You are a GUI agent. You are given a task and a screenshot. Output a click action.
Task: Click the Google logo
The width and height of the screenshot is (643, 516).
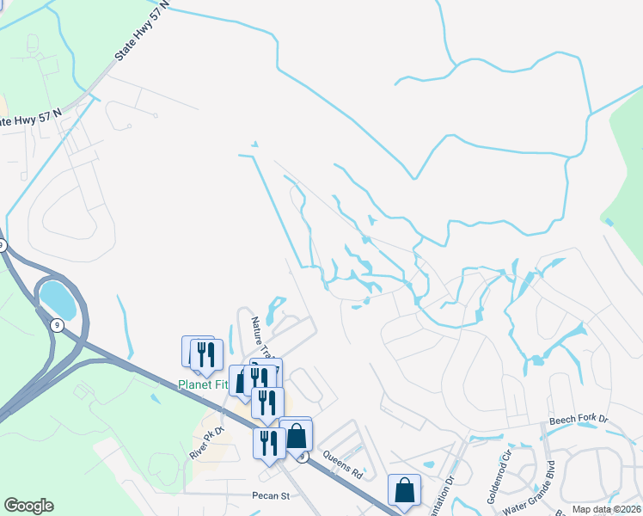click(29, 506)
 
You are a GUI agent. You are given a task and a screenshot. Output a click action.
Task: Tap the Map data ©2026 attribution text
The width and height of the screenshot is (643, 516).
click(606, 509)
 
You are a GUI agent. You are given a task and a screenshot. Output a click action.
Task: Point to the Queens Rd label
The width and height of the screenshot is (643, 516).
click(343, 464)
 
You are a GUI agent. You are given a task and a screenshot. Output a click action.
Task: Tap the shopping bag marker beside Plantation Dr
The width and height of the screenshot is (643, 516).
click(404, 491)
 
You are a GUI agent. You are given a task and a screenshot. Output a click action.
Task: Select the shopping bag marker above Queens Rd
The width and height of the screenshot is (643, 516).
click(296, 435)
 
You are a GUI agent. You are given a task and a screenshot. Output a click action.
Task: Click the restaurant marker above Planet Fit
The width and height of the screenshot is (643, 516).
click(206, 354)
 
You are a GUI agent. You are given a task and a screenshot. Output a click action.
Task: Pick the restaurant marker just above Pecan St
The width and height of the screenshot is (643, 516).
click(268, 443)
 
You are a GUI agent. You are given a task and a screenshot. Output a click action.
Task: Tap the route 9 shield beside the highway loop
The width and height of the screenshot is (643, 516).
click(56, 325)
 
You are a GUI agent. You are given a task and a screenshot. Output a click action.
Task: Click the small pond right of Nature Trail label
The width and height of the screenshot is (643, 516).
click(275, 308)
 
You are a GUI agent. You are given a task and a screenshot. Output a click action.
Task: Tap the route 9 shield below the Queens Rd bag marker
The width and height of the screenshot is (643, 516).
click(302, 457)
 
